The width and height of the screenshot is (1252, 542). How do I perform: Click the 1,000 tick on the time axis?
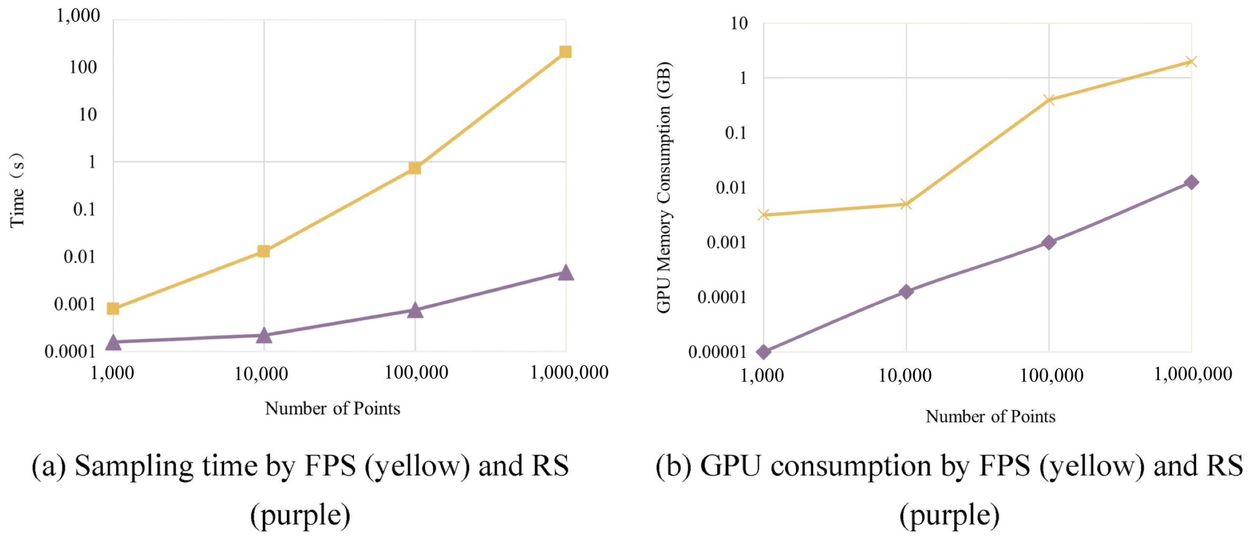point(78,16)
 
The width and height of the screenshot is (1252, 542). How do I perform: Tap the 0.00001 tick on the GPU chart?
point(717,352)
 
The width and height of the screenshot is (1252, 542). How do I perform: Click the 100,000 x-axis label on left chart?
point(416,373)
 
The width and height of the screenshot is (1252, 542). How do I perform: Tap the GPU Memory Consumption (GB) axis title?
point(664,187)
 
